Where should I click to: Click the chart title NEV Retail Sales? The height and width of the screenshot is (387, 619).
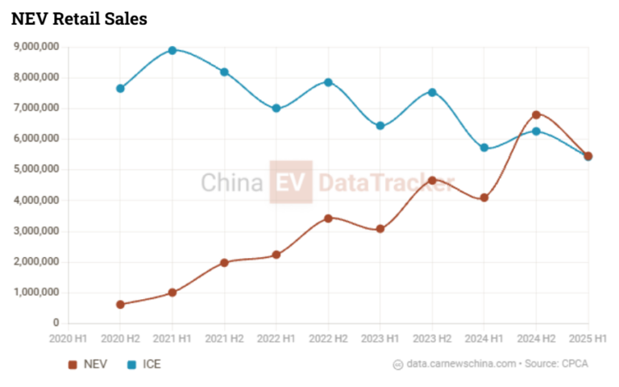(x=79, y=19)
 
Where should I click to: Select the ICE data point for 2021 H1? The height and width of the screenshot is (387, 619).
(x=172, y=50)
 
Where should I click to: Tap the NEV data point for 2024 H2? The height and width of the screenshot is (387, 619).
(x=536, y=114)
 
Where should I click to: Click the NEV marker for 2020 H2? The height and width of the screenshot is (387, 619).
(x=120, y=305)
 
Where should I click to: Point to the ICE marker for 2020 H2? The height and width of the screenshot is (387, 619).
(x=120, y=88)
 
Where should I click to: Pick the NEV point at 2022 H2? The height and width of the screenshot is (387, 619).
(x=328, y=218)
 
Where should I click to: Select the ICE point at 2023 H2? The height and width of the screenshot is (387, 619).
(x=432, y=92)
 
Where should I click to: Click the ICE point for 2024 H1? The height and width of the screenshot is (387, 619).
(x=484, y=148)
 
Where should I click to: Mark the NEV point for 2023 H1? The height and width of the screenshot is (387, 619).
(x=380, y=229)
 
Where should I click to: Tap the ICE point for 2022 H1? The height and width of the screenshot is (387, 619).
(x=276, y=108)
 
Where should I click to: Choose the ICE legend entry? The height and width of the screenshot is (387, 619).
(x=144, y=364)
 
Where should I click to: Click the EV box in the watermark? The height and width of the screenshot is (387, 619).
(x=291, y=182)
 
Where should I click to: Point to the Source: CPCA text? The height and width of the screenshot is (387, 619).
(x=557, y=364)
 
